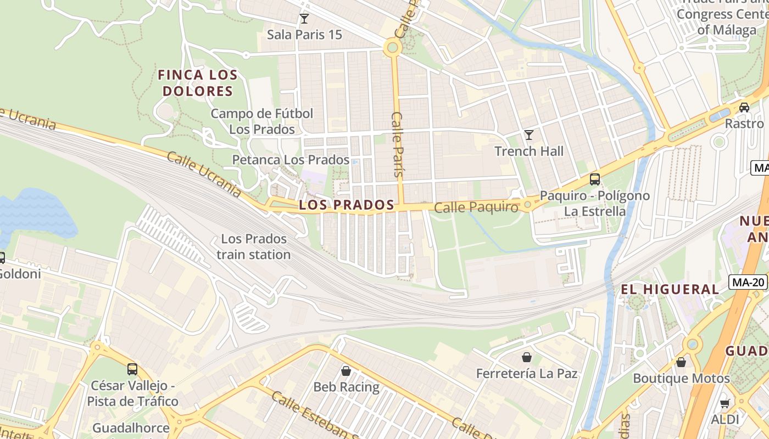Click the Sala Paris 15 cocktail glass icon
coord(304,19)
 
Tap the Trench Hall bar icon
coord(529,135)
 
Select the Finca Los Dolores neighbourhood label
coord(198,83)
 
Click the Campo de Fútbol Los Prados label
coord(262,121)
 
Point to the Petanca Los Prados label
coord(291,160)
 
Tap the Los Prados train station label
coord(253,247)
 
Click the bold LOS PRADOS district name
coord(347,205)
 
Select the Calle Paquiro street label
coord(476,207)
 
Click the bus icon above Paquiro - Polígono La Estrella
coord(594,179)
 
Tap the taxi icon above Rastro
coord(744,107)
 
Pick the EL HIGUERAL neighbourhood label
coord(670,289)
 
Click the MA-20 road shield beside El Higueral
coord(748,283)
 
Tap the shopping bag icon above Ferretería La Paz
coord(527,357)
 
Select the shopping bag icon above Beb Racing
coord(346,371)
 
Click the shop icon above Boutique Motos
coord(681,362)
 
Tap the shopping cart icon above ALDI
coord(725,403)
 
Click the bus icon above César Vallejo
coord(132,369)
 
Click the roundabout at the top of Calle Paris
coord(392,48)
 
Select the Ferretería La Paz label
coord(526,374)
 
